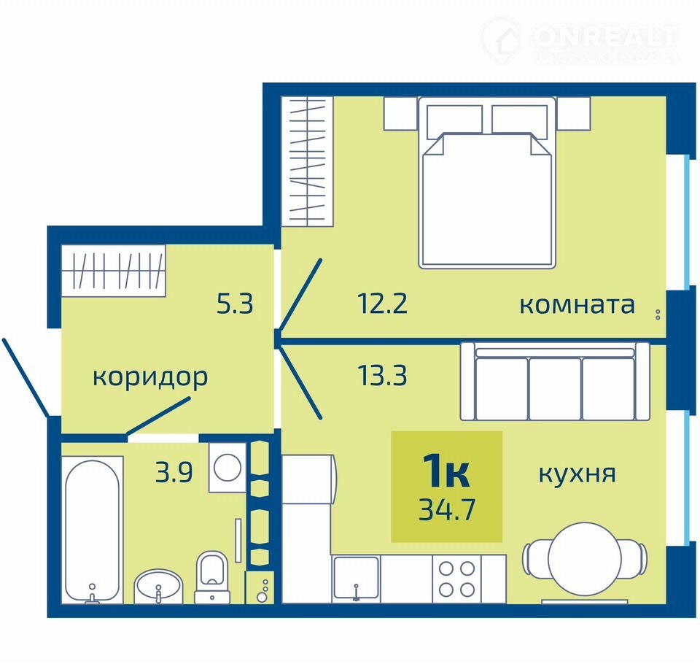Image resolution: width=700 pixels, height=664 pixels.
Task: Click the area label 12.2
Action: (x=383, y=304)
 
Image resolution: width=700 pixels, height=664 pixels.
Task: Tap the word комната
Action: (x=577, y=305)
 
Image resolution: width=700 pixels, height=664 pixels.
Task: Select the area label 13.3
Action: (x=383, y=375)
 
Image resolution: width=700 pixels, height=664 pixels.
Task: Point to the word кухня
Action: (x=577, y=474)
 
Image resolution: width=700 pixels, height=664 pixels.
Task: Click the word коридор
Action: (x=150, y=377)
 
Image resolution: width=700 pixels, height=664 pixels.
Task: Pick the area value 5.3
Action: (x=235, y=304)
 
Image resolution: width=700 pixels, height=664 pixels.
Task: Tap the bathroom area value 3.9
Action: (x=174, y=472)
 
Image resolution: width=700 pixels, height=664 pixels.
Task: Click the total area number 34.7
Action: (x=446, y=510)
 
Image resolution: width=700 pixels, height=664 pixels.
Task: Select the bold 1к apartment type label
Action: (x=446, y=470)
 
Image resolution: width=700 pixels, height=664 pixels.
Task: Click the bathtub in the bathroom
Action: (x=93, y=530)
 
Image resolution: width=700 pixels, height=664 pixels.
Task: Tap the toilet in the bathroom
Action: (x=211, y=578)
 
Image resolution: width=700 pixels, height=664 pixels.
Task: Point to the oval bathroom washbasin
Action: (x=158, y=587)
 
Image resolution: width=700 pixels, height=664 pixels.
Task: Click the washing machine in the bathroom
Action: (x=227, y=468)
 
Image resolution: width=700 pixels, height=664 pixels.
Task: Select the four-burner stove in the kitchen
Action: (x=456, y=579)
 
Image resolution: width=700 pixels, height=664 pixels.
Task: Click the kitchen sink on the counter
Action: (x=357, y=579)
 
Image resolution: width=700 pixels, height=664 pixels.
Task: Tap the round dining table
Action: (x=585, y=559)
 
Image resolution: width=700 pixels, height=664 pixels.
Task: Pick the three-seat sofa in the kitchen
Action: (x=555, y=381)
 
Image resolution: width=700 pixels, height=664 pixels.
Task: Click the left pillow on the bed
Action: (x=454, y=119)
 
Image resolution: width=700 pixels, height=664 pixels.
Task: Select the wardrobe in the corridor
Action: (x=114, y=270)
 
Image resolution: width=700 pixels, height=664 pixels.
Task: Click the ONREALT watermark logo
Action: (x=581, y=41)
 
